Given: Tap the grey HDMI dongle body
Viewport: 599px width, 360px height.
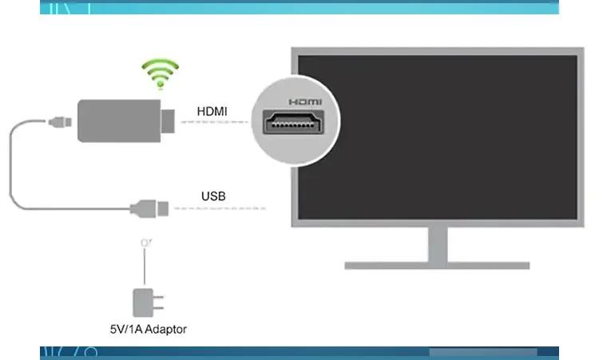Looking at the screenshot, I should [120, 121].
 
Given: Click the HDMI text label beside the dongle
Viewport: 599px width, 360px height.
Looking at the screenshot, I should [212, 111].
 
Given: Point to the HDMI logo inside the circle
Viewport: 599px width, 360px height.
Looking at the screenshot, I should [304, 102].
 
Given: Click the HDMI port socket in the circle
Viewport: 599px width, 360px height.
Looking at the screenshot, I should [293, 124].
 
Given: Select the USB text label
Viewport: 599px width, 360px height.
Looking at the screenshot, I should [213, 196].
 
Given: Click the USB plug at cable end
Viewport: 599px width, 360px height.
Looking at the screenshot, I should [151, 209].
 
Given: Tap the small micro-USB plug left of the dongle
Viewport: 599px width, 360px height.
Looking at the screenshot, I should [59, 122].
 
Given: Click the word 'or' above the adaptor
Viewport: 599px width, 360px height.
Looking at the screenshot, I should [145, 242].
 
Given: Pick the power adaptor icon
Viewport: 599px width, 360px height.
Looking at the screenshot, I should [147, 302].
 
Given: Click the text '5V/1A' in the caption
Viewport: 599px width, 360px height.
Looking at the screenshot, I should [125, 328].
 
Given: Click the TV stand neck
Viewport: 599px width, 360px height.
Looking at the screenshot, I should [437, 243].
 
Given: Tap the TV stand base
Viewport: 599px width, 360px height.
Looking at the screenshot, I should [437, 264].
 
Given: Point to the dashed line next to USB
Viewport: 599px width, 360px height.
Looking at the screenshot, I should [220, 209].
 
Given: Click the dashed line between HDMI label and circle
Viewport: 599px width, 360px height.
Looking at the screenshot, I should [214, 122].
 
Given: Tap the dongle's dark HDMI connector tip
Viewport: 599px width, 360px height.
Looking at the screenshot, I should [170, 121].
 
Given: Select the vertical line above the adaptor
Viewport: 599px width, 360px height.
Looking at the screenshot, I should [145, 267].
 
